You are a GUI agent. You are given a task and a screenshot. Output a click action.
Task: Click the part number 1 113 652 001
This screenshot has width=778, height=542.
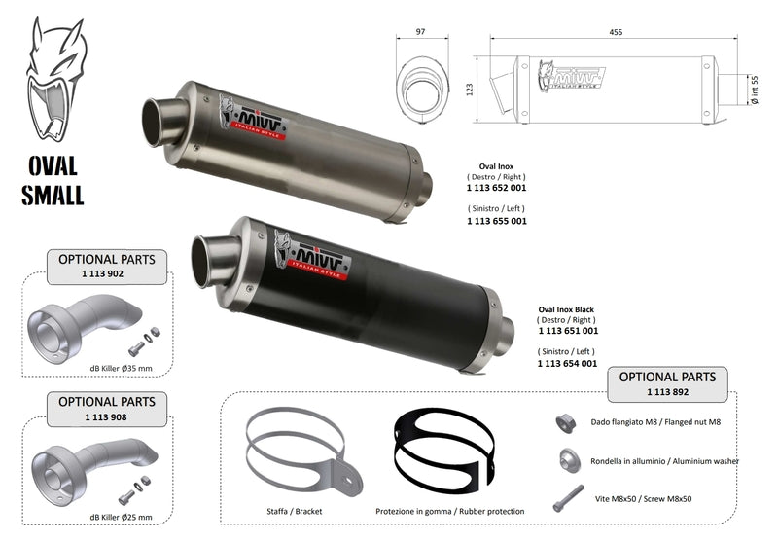496,188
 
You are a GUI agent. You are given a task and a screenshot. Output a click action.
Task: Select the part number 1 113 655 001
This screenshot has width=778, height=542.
497,221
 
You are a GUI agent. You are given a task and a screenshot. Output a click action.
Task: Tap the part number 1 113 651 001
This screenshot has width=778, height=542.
568,331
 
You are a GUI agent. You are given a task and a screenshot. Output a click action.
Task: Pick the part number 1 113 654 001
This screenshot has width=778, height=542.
568,363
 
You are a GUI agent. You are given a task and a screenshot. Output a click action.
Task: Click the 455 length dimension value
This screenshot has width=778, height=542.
616,32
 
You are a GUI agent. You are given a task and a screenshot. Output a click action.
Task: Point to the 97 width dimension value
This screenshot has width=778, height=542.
421,32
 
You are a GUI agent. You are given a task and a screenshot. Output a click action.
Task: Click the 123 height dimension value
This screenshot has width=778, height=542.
470,90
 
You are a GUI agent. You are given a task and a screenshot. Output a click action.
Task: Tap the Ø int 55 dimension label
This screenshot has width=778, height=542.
755,90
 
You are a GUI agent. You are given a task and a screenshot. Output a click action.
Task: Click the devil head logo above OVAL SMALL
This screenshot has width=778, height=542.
55,80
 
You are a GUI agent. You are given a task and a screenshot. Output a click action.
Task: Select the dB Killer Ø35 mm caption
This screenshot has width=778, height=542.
121,368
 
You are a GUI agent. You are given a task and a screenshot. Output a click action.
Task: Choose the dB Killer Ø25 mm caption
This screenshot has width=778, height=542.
121,517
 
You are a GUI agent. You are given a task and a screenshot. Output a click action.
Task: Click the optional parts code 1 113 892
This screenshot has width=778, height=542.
667,391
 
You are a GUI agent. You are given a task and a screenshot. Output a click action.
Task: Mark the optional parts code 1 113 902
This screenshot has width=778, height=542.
103,273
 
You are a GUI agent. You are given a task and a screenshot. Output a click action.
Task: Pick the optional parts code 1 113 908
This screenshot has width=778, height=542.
106,416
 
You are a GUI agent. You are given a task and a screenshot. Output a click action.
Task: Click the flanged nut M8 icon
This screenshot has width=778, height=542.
565,423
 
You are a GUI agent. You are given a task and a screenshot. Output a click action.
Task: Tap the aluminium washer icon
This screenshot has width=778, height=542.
570,460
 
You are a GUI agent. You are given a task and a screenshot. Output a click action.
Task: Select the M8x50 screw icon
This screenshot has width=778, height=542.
568,498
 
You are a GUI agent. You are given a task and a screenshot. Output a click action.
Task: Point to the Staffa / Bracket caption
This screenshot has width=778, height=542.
295,511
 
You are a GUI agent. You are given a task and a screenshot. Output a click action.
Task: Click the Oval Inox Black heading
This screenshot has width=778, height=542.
566,309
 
